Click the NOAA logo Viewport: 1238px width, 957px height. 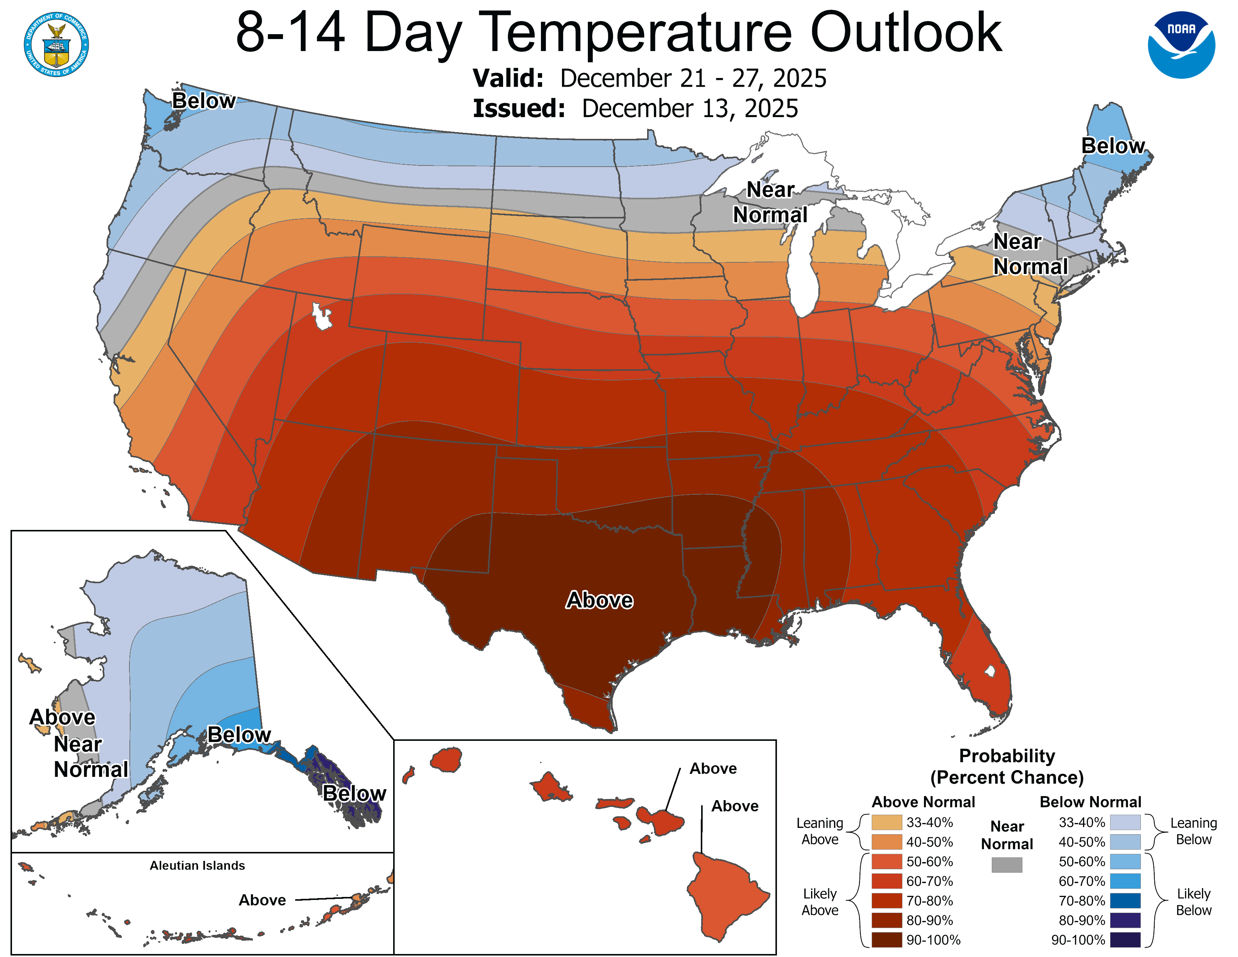click(1181, 44)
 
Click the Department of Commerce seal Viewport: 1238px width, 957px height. click(56, 44)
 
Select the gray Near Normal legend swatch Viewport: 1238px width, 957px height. click(1007, 865)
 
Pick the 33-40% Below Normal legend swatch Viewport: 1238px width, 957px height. click(1125, 822)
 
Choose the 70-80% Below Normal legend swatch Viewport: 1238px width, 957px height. click(1125, 901)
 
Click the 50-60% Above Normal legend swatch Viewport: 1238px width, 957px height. click(886, 862)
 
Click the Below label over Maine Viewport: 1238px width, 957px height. click(1113, 146)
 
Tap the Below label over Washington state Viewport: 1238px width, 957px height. click(203, 101)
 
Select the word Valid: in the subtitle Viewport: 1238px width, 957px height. click(508, 78)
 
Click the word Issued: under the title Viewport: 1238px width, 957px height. click(519, 109)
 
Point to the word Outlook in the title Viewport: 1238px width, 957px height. click(906, 33)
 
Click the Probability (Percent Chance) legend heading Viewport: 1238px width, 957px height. click(1007, 766)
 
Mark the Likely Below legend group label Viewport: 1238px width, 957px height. click(1193, 901)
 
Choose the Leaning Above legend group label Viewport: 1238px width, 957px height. click(820, 831)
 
